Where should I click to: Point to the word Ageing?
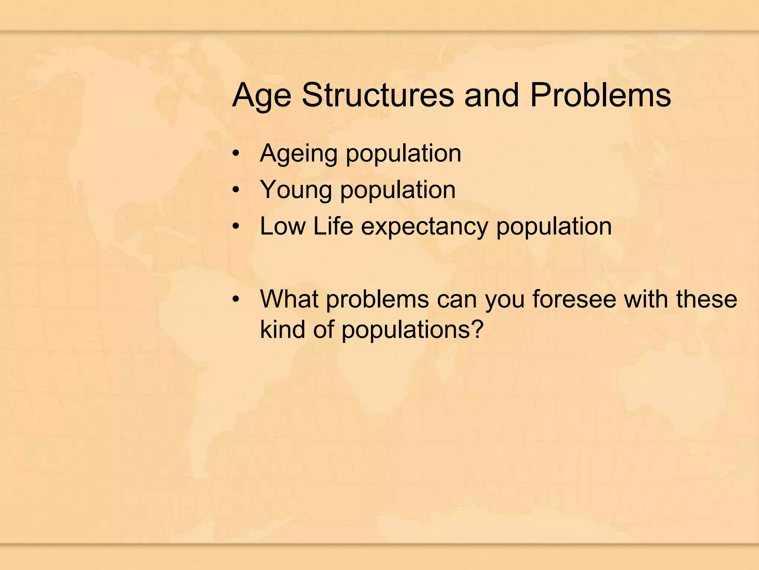point(298,154)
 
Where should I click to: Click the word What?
point(289,299)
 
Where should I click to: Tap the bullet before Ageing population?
point(236,154)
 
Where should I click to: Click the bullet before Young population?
point(236,190)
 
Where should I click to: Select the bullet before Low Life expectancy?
point(236,226)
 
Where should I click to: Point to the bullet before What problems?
point(236,299)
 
